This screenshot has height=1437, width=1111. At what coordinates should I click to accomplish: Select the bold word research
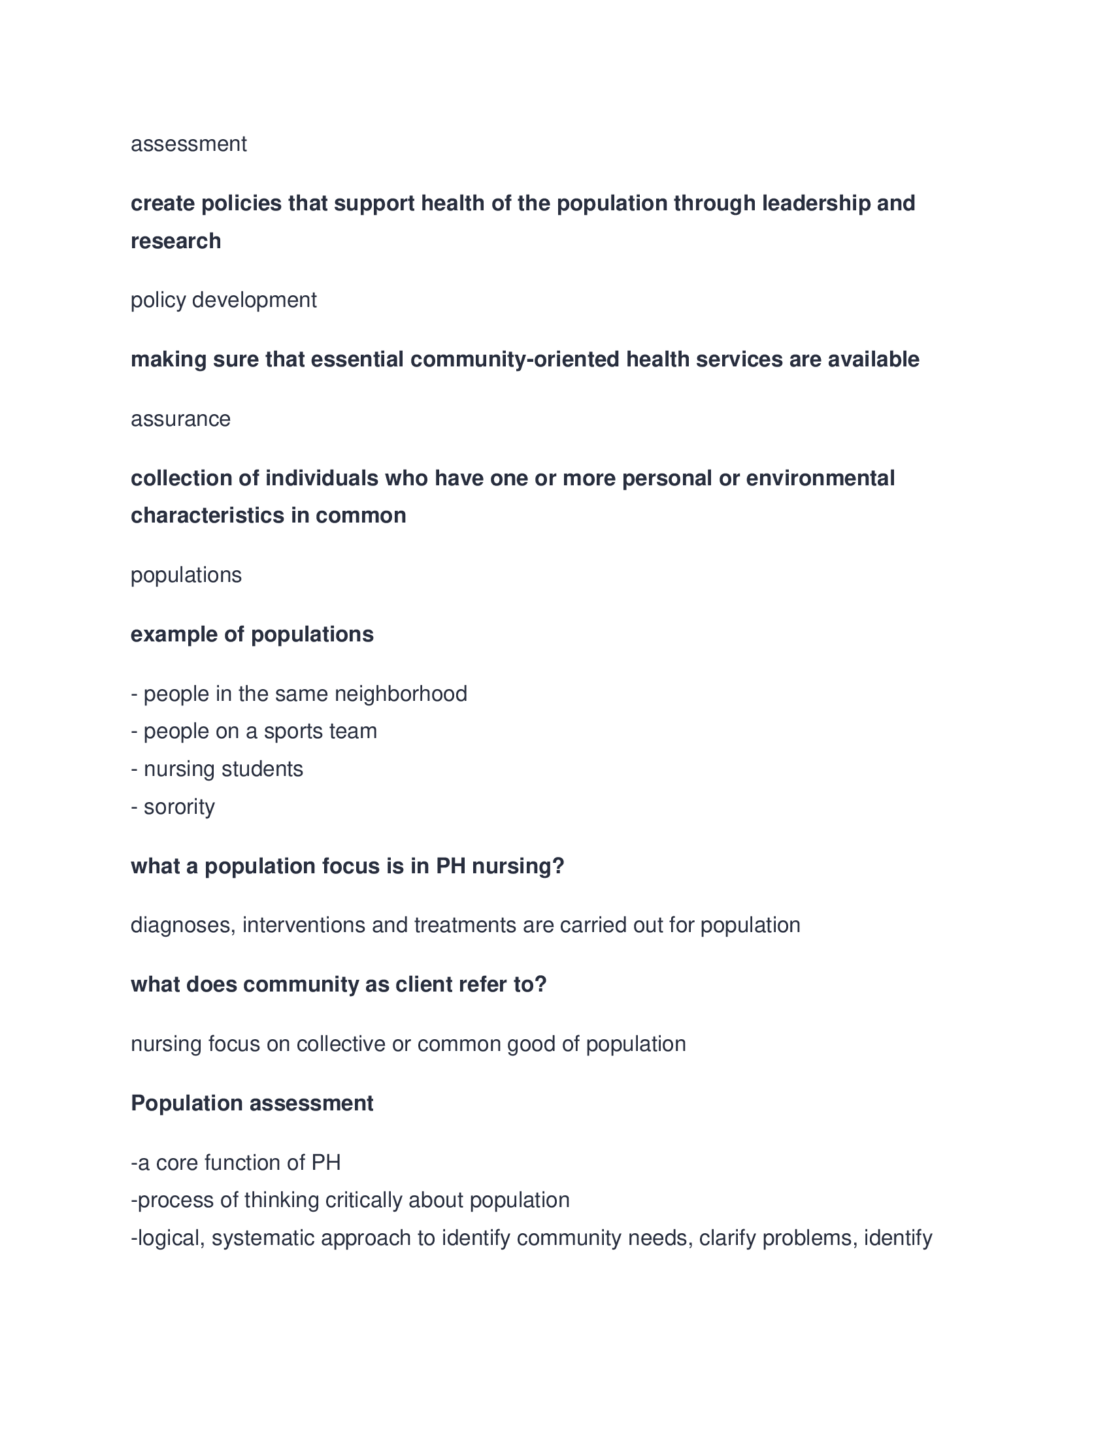(176, 242)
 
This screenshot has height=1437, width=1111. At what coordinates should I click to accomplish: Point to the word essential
(357, 360)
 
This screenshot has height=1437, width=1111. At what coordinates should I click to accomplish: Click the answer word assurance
(180, 419)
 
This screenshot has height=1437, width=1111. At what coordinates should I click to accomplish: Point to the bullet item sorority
(179, 807)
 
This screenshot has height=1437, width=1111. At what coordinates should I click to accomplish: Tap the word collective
(340, 1044)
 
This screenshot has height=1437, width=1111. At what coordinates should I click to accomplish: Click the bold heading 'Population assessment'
(252, 1103)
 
